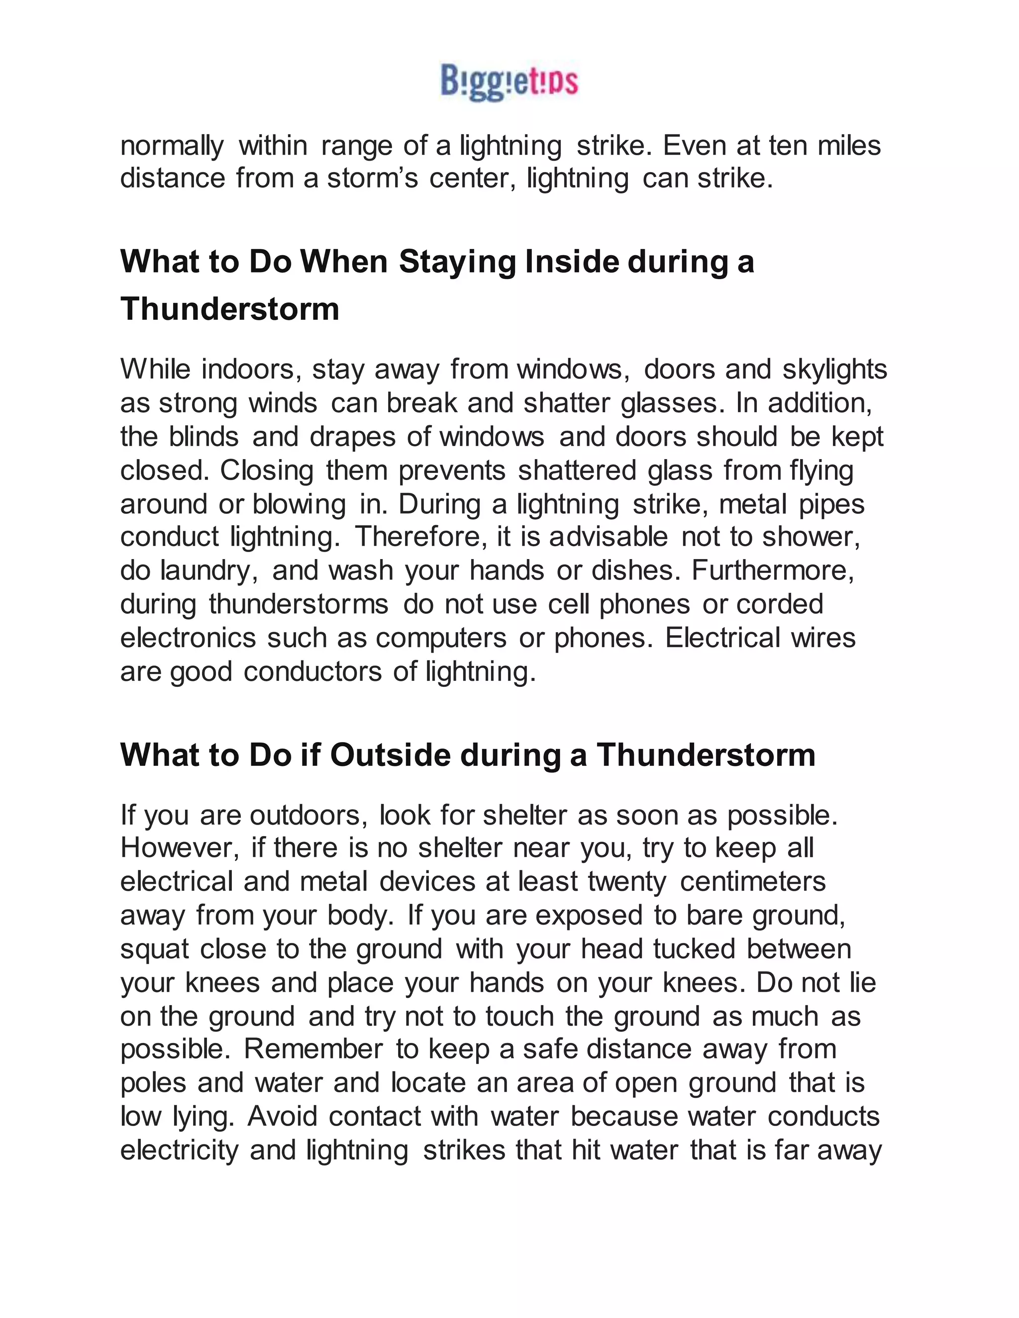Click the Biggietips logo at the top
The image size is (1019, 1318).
[x=509, y=82]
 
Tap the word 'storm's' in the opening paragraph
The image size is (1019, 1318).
[x=372, y=178]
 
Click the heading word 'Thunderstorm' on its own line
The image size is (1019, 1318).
[x=229, y=309]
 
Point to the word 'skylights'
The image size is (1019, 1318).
[x=834, y=370]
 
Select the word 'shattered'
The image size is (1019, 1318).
[x=577, y=470]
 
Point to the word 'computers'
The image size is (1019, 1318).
[x=441, y=638]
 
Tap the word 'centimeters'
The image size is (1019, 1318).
[x=752, y=881]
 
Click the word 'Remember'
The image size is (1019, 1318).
[x=313, y=1049]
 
